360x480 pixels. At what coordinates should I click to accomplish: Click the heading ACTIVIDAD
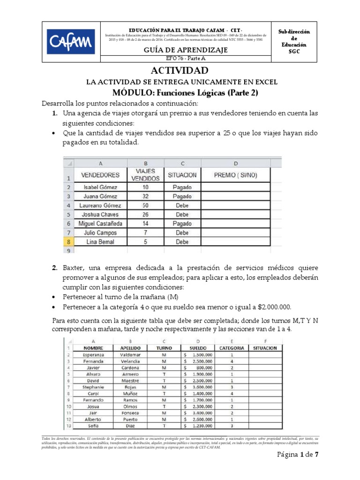pyautogui.click(x=180, y=71)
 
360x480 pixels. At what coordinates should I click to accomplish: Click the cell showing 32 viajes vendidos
pyautogui.click(x=145, y=196)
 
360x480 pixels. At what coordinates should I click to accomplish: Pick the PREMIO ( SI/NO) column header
pyautogui.click(x=236, y=175)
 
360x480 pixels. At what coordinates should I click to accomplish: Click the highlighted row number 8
pyautogui.click(x=68, y=242)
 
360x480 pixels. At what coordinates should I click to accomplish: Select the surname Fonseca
pyautogui.click(x=129, y=412)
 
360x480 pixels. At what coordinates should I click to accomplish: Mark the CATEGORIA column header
pyautogui.click(x=231, y=348)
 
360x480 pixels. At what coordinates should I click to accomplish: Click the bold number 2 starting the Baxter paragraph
pyautogui.click(x=54, y=268)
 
